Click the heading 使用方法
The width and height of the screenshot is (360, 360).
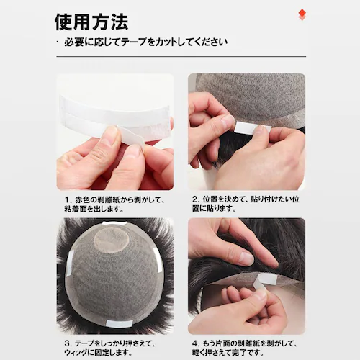pyautogui.click(x=91, y=22)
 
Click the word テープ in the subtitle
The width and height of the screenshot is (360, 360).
pyautogui.click(x=133, y=42)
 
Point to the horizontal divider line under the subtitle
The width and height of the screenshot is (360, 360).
pyautogui.click(x=181, y=57)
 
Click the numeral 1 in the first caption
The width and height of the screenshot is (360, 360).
pyautogui.click(x=67, y=199)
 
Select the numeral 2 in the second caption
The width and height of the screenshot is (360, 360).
pyautogui.click(x=194, y=199)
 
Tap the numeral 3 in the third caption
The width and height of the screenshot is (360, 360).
pyautogui.click(x=67, y=343)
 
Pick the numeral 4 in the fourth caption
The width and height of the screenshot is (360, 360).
pyautogui.click(x=194, y=343)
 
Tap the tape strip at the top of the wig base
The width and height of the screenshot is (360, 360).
pyautogui.click(x=114, y=223)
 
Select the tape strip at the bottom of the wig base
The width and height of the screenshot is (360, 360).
pyautogui.click(x=117, y=324)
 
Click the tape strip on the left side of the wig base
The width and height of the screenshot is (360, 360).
pyautogui.click(x=69, y=263)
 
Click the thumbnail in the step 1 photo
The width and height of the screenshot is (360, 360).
pyautogui.click(x=111, y=135)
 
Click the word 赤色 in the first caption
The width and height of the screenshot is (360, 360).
pyautogui.click(x=81, y=199)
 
